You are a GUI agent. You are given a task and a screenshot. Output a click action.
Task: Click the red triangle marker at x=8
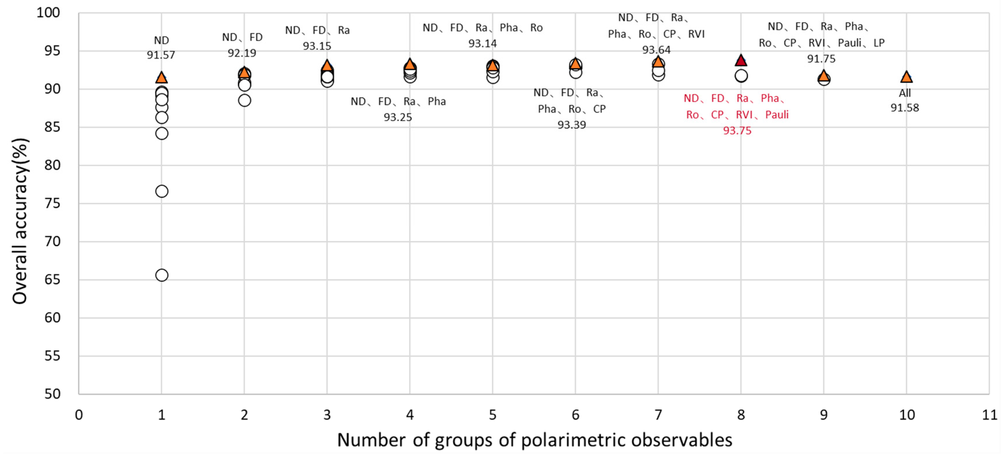(741, 61)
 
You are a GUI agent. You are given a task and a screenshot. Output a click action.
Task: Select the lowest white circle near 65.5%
(162, 275)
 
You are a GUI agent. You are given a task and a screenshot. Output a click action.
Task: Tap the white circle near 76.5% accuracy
(162, 191)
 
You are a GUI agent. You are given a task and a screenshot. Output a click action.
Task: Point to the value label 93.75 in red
(737, 131)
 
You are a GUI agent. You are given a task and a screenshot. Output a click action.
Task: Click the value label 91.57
(161, 55)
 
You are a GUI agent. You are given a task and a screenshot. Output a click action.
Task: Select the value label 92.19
(242, 53)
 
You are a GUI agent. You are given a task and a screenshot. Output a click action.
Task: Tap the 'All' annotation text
(905, 94)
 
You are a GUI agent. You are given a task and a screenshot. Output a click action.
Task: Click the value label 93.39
(571, 125)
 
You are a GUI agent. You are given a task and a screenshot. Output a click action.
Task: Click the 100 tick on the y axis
(48, 13)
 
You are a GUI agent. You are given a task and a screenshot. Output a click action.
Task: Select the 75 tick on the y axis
(52, 203)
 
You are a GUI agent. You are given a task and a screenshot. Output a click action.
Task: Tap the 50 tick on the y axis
(52, 394)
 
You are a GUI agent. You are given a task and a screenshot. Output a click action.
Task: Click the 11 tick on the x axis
(989, 415)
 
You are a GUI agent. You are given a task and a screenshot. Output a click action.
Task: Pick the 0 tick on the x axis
(79, 415)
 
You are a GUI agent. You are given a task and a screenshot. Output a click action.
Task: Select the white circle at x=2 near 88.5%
(244, 100)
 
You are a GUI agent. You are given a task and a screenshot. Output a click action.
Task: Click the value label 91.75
(821, 59)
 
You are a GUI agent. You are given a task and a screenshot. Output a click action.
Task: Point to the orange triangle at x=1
(161, 78)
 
